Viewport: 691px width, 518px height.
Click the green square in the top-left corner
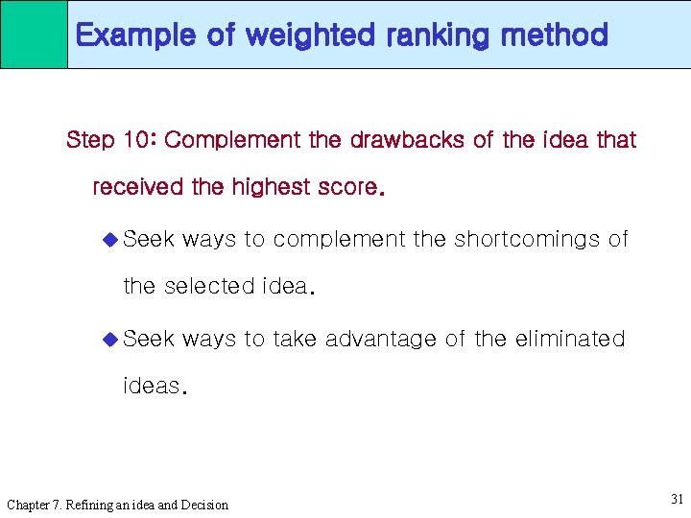coord(34,34)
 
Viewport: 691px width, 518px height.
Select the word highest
coord(273,187)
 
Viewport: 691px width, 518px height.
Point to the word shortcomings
coord(527,239)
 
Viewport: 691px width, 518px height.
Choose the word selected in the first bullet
coord(209,286)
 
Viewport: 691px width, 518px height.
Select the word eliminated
coord(569,339)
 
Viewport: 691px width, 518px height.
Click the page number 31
coord(677,499)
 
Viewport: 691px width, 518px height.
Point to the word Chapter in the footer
coord(30,505)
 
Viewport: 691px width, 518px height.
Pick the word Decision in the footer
coord(203,505)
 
